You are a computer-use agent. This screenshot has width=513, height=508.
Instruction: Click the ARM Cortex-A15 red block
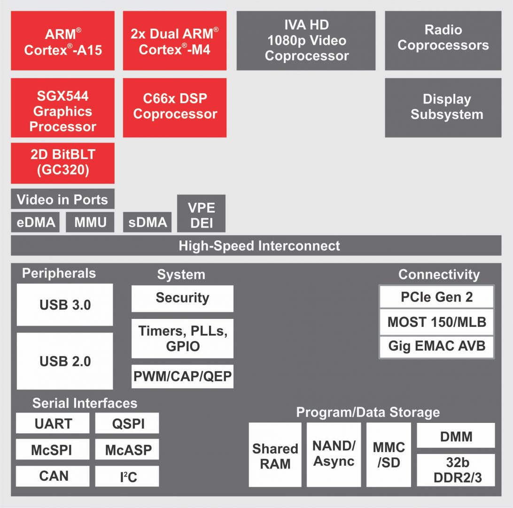tap(62, 41)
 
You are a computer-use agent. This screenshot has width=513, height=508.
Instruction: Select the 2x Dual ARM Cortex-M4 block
tap(175, 41)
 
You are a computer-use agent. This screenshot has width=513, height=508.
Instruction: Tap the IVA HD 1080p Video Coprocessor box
tap(306, 41)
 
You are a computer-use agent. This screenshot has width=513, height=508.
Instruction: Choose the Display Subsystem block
tap(443, 108)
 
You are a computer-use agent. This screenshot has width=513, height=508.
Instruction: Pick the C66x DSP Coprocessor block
tap(175, 108)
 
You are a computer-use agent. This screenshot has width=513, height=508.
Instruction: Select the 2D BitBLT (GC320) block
tap(62, 163)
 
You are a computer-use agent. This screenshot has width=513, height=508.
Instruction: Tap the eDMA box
tap(36, 222)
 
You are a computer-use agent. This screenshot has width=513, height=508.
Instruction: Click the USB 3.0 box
tap(65, 305)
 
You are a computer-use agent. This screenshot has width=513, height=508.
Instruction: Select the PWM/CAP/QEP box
tap(182, 376)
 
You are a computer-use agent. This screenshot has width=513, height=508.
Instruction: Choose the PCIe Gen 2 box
tap(436, 297)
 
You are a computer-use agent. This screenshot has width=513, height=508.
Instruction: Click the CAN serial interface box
tap(53, 476)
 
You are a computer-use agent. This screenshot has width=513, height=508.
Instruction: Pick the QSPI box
tap(127, 423)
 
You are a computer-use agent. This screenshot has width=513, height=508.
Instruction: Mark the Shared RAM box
tap(275, 455)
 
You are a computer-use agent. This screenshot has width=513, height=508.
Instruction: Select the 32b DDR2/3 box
tap(456, 470)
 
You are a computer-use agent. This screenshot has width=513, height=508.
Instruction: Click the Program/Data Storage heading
tap(368, 413)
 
